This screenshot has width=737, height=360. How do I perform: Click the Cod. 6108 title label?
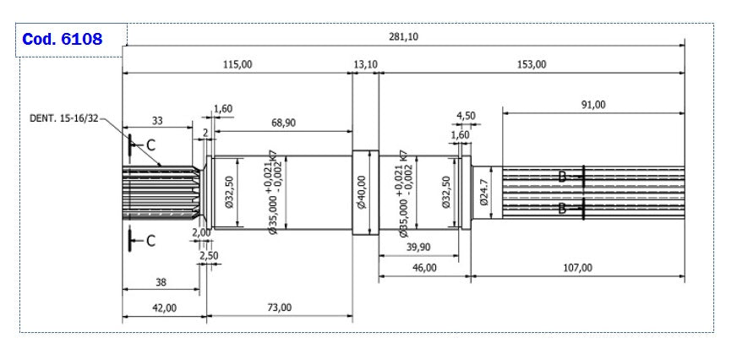[63, 40]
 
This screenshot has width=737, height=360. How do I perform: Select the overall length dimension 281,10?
[403, 36]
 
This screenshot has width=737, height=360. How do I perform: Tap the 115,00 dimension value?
[237, 64]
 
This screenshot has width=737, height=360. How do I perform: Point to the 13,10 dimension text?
[365, 64]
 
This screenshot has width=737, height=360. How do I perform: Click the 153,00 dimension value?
[532, 64]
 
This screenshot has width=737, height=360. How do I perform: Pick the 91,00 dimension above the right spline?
[593, 104]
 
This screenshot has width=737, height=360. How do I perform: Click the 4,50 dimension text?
[466, 116]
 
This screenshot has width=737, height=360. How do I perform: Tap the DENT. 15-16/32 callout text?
[64, 119]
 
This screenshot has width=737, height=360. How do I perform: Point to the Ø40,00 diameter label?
[362, 193]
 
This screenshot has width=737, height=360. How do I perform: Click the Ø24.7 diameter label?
[484, 192]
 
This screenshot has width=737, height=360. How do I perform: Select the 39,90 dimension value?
[420, 246]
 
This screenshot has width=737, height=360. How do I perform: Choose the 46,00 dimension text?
[423, 267]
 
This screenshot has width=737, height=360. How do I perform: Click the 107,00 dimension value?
[577, 267]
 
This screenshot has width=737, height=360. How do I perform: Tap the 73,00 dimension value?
[279, 308]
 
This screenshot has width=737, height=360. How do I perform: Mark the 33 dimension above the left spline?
[158, 121]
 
